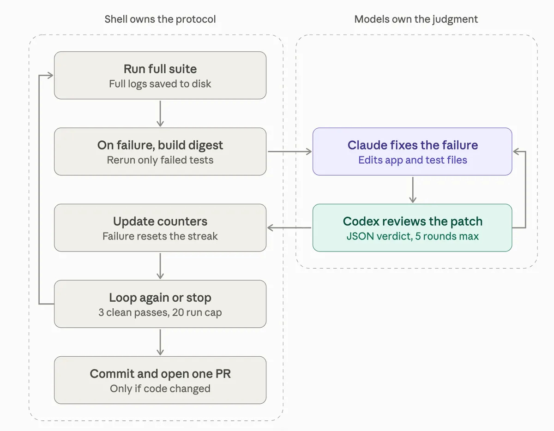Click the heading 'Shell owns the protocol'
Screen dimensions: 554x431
point(160,19)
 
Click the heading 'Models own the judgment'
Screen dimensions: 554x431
point(416,19)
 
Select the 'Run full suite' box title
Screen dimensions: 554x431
point(160,69)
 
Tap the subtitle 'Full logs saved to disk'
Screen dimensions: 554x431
point(160,84)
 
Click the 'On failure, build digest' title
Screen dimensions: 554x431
point(160,145)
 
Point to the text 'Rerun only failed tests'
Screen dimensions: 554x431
point(160,160)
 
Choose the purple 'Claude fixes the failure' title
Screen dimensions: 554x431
point(413,145)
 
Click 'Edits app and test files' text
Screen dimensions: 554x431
point(413,160)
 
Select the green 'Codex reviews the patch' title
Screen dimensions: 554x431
point(413,221)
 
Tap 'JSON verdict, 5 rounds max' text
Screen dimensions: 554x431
point(413,236)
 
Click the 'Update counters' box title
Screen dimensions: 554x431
point(160,221)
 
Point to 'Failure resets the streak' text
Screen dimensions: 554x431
point(160,236)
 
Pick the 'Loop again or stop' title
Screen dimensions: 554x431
point(160,298)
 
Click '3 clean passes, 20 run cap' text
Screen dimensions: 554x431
point(160,312)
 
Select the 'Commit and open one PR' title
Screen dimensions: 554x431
point(160,374)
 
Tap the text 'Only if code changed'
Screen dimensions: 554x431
point(160,389)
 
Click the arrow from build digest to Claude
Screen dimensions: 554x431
point(289,151)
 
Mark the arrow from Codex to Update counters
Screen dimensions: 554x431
point(289,227)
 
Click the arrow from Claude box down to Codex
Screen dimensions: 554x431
point(413,190)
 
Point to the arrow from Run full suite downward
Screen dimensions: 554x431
point(160,114)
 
